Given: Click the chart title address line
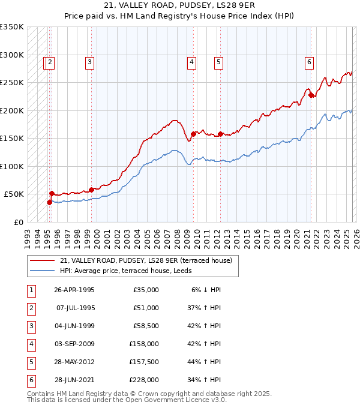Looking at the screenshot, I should [x=179, y=7].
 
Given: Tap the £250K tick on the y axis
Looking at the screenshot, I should [x=12, y=83].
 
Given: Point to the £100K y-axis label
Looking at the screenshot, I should [x=12, y=166].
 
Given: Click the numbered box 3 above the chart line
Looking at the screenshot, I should [x=89, y=61].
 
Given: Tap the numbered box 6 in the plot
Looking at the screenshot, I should [x=309, y=61].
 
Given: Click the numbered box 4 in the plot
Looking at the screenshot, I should [x=191, y=61].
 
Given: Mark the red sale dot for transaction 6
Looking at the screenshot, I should [x=311, y=95].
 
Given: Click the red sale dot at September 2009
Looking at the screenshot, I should [x=193, y=134].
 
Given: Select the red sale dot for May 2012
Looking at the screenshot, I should [x=220, y=134].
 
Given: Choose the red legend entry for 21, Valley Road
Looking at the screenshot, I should [x=149, y=260].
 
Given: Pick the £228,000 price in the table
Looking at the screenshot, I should [x=144, y=380].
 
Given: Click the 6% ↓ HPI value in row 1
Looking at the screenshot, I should [x=206, y=290].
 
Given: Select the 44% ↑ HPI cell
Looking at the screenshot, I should [x=206, y=362].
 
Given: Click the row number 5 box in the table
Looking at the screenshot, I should [x=29, y=362].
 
